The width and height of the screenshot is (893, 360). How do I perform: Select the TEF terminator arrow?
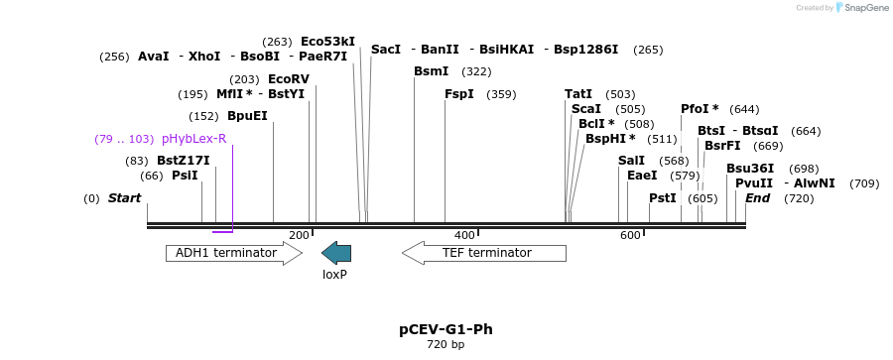[483, 253]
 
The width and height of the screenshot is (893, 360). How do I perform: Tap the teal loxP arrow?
[336, 253]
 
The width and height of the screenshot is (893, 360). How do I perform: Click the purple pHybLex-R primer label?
[193, 139]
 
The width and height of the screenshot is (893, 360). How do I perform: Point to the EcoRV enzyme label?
[289, 79]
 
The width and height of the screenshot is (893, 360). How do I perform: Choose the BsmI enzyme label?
[432, 71]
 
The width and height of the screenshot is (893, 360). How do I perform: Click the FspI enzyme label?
[459, 94]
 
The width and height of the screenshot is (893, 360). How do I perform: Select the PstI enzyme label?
[663, 198]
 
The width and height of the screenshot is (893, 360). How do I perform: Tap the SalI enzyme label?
[631, 161]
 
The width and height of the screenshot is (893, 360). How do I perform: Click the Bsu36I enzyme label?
[750, 169]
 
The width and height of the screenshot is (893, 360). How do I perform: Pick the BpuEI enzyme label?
[247, 116]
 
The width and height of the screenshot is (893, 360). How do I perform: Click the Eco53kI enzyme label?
[327, 42]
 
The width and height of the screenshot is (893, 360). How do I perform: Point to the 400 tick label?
[464, 235]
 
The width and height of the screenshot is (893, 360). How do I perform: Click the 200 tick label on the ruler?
[299, 235]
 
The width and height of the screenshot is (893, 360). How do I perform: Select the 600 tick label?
[630, 235]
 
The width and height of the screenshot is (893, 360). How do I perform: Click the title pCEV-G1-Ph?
[446, 329]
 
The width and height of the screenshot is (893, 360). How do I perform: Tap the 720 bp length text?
[446, 345]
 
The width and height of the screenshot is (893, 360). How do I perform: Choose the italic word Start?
[124, 198]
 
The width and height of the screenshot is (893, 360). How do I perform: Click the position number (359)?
[501, 94]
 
